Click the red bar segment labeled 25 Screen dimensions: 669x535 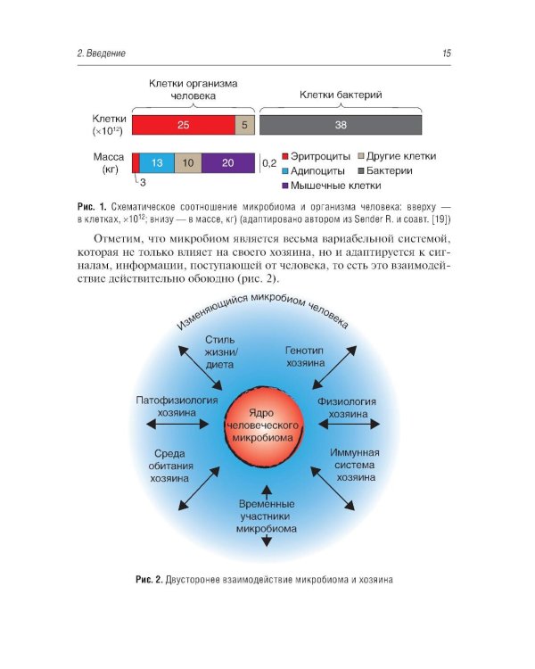pos(183,125)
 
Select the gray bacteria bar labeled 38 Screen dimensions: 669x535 pos(341,125)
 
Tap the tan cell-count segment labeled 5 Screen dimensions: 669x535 pos(245,125)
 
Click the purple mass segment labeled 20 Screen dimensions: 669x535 pos(227,163)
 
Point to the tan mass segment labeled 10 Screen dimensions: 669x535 pos(187,163)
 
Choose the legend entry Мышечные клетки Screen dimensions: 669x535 pos(331,186)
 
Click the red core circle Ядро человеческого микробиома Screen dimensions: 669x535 pos(267,425)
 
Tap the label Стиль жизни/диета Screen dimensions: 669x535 pos(219,351)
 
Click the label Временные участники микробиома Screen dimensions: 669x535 pos(267,516)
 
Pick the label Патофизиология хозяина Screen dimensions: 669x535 pos(177,408)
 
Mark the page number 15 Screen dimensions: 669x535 pos(446,54)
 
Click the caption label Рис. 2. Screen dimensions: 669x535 pos(148,580)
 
